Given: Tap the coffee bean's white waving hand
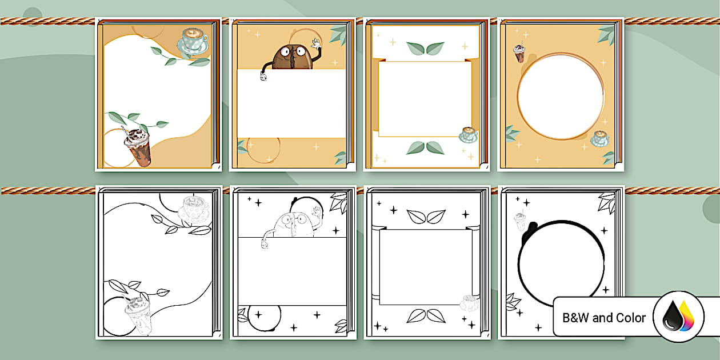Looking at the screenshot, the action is point(317,43).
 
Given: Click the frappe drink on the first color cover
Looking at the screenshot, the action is point(138,147).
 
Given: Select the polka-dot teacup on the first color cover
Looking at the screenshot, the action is point(193,41).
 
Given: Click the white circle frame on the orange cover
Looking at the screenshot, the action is point(561,96).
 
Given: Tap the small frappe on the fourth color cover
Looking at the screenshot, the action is point(519,53).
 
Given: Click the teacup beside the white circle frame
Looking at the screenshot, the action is point(600,139).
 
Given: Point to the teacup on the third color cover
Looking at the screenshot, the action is point(469,135).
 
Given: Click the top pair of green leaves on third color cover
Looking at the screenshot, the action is point(425,48).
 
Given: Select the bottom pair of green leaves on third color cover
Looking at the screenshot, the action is point(425,148).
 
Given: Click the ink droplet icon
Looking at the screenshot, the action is point(678,317).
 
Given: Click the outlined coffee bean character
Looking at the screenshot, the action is point(293,222).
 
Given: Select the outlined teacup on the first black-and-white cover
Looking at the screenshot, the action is point(194,209).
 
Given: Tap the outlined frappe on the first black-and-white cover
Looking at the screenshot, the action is point(138,314).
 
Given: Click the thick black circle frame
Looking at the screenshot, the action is point(519,263).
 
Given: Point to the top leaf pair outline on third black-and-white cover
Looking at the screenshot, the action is point(426,217).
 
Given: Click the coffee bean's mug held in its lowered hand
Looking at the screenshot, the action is point(263,76).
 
